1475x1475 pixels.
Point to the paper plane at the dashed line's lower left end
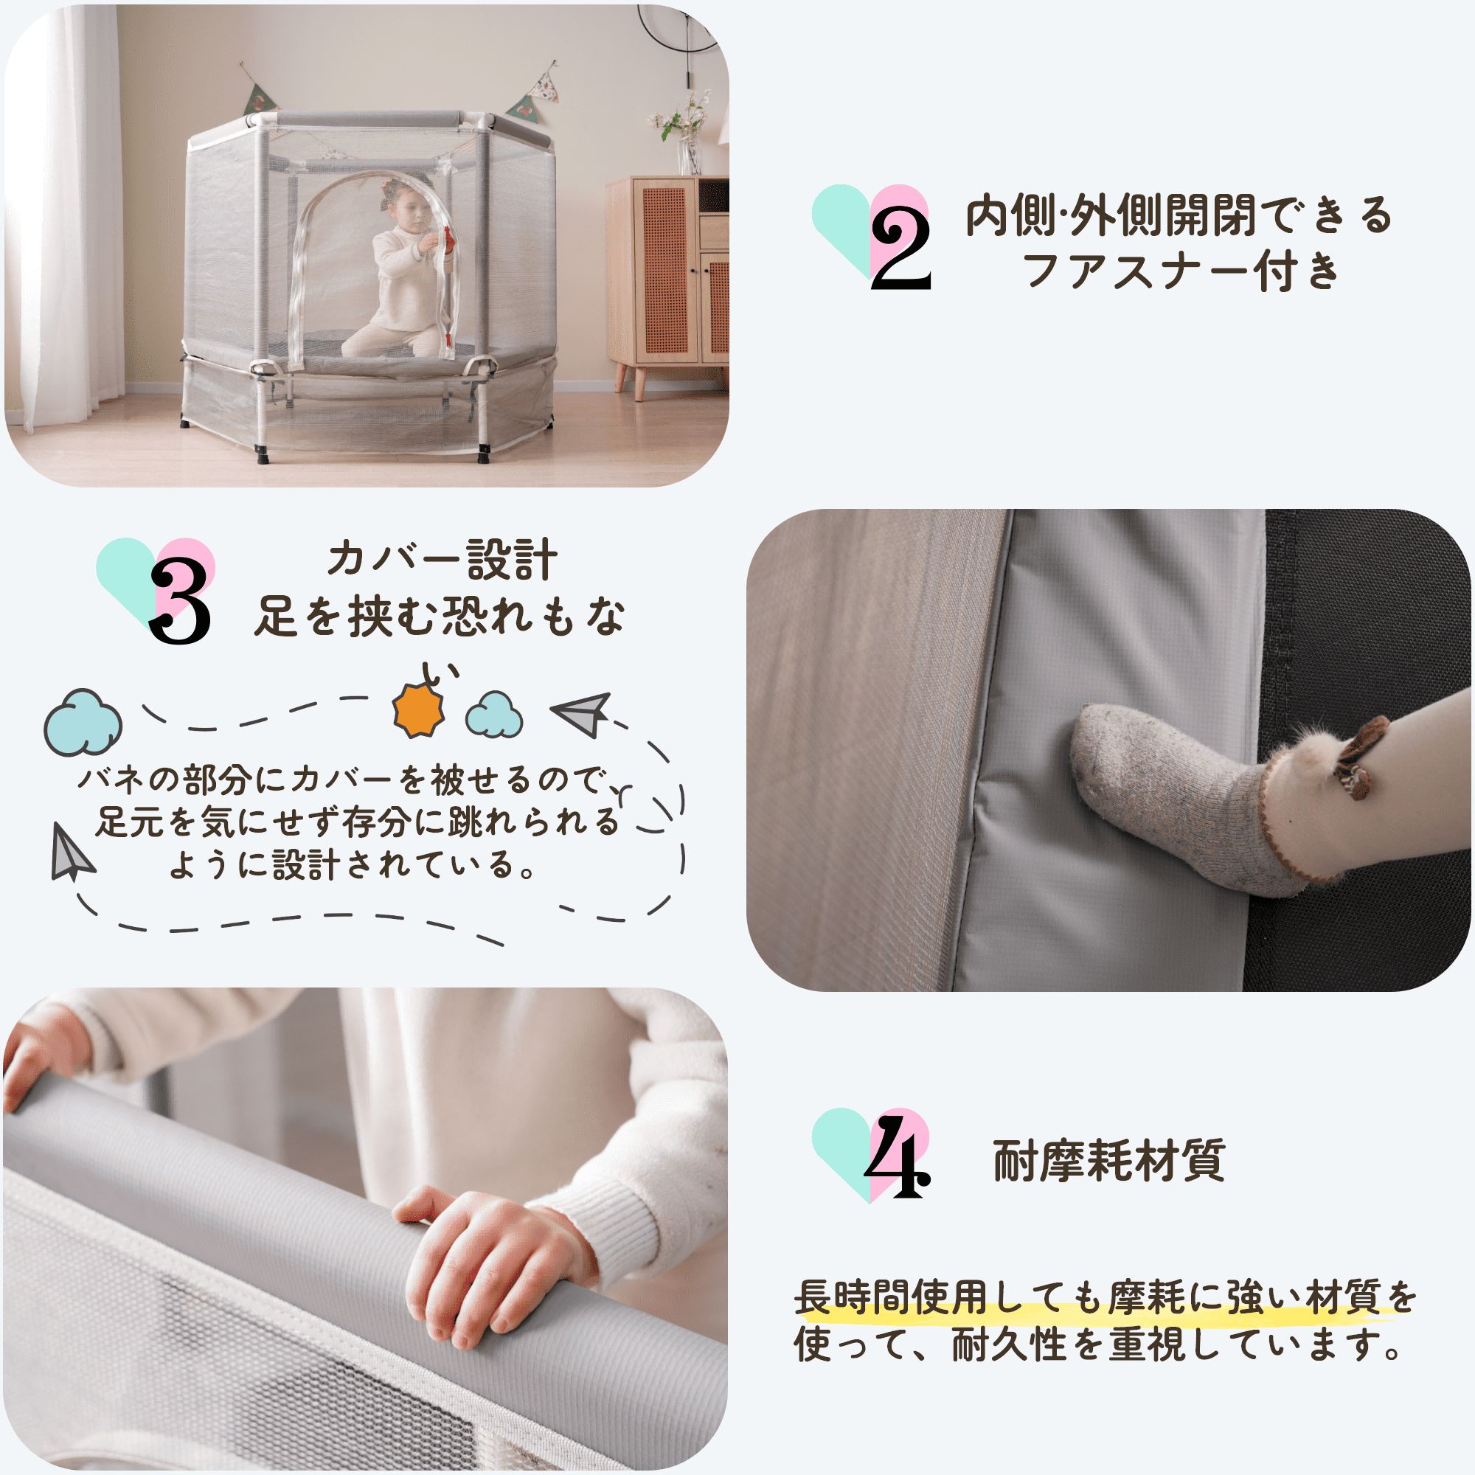[72, 853]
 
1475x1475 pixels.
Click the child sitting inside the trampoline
[400, 274]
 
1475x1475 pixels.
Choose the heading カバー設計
[442, 561]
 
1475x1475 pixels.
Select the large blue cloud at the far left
[83, 723]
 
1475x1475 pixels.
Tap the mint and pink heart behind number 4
[870, 1154]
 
